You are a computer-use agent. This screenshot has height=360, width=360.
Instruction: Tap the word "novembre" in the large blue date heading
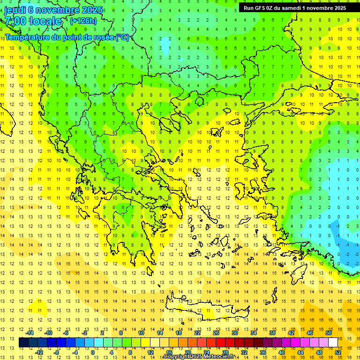58,10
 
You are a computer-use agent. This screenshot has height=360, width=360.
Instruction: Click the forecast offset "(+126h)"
83,21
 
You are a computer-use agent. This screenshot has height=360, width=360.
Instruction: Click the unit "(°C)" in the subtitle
122,37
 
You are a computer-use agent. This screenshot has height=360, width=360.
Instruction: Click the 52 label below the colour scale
338,352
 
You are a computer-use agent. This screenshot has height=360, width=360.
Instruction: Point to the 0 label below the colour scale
93,352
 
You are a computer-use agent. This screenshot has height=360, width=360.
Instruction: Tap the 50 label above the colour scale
329,333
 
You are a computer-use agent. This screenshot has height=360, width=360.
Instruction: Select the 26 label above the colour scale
216,333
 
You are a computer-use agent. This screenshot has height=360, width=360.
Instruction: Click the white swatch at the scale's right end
333,343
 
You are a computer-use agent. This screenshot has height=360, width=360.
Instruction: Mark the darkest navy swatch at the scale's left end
23,343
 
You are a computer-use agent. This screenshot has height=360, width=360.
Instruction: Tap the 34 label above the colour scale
254,333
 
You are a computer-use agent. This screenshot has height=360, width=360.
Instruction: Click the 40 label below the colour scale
282,352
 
